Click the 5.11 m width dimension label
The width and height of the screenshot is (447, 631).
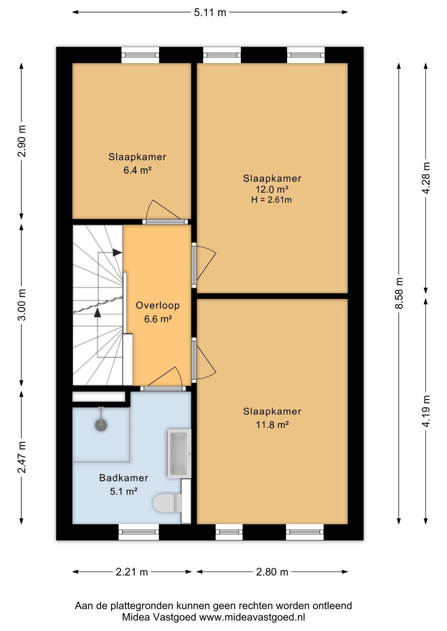[210, 12]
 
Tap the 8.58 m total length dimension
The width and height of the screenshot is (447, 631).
[399, 293]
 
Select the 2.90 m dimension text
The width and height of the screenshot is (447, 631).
[22, 141]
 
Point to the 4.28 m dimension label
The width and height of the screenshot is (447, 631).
[426, 178]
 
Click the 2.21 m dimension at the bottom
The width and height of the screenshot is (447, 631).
[132, 572]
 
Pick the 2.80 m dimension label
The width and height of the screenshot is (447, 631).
[272, 572]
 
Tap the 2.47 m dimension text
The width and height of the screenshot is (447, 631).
[22, 457]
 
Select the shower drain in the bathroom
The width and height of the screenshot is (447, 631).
[101, 425]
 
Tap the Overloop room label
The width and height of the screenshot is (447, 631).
[158, 305]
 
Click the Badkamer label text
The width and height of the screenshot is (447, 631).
[124, 478]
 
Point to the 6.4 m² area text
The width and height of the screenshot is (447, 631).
[137, 170]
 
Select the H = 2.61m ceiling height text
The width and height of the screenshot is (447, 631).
[272, 200]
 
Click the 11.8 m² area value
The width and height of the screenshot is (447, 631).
[272, 425]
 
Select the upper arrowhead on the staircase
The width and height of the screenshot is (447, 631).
[117, 253]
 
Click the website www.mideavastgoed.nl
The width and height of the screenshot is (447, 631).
[252, 617]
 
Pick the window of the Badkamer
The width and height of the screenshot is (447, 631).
[139, 532]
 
